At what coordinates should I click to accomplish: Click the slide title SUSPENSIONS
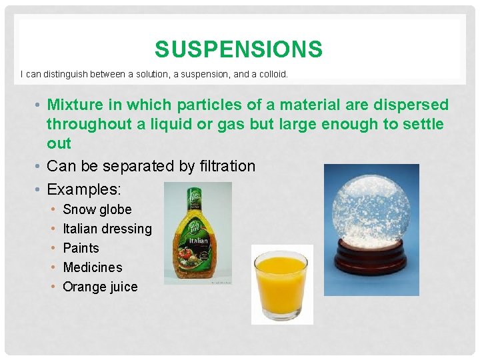pos(238,49)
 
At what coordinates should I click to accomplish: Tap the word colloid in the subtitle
pos(271,75)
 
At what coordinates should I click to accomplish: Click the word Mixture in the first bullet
pos(73,105)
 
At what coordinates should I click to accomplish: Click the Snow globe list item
pos(97,209)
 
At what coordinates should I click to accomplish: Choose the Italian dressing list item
pos(107,229)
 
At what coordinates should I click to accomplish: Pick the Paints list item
pos(81,248)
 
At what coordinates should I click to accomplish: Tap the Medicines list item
pos(93,267)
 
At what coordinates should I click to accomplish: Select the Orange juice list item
pos(100,287)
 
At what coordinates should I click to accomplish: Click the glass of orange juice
pos(281,283)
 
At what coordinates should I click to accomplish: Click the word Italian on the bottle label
pos(199,240)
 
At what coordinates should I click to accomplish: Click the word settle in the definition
pos(424,125)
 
